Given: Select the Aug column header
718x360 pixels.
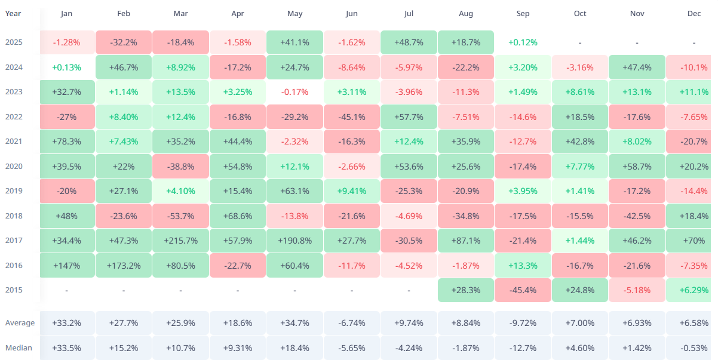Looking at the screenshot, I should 465,14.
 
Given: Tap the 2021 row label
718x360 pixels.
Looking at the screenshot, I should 14,141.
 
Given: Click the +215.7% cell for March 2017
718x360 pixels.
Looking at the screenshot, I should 181,241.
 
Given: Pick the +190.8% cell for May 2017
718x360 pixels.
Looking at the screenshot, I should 294,241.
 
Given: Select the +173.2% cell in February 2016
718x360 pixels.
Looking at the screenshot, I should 124,265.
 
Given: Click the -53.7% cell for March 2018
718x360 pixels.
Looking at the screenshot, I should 181,216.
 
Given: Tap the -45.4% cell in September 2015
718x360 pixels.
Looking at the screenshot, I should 522,290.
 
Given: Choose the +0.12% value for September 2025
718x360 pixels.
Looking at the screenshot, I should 522,42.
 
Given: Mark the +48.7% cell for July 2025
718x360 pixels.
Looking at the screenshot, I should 409,42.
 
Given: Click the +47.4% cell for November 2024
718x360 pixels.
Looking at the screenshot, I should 637,67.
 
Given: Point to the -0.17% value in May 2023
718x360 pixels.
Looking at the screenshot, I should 294,92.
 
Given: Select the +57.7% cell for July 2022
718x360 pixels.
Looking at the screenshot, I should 409,116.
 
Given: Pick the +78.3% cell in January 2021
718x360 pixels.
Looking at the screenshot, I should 67,141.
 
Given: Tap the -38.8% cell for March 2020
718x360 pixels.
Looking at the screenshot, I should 181,166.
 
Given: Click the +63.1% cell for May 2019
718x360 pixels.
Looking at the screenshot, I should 294,191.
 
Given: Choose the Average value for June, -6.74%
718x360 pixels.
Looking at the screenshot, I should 351,323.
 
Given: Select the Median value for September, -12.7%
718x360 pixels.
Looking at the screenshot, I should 522,347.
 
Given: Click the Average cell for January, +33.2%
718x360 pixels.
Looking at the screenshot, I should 67,323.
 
